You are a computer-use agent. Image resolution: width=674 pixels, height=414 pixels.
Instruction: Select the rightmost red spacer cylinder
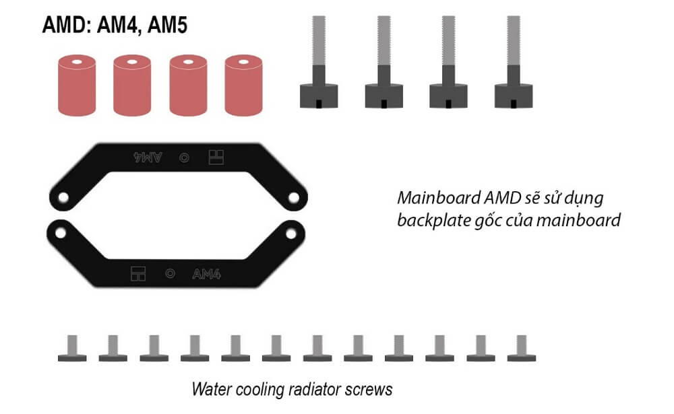pyautogui.click(x=243, y=85)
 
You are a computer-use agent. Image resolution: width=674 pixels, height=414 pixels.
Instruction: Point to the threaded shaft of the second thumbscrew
pyautogui.click(x=384, y=40)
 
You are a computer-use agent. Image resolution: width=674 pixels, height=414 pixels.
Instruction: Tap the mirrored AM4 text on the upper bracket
pyautogui.click(x=148, y=158)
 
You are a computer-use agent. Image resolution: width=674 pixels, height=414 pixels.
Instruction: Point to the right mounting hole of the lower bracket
pyautogui.click(x=291, y=232)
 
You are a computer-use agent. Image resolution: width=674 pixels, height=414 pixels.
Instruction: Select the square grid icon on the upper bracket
pyautogui.click(x=216, y=158)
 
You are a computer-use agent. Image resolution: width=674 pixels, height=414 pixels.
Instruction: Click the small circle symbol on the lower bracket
pyautogui.click(x=171, y=274)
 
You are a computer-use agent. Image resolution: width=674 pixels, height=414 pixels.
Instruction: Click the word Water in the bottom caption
pyautogui.click(x=211, y=388)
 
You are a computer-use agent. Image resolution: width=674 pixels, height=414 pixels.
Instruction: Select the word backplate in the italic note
pyautogui.click(x=431, y=221)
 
